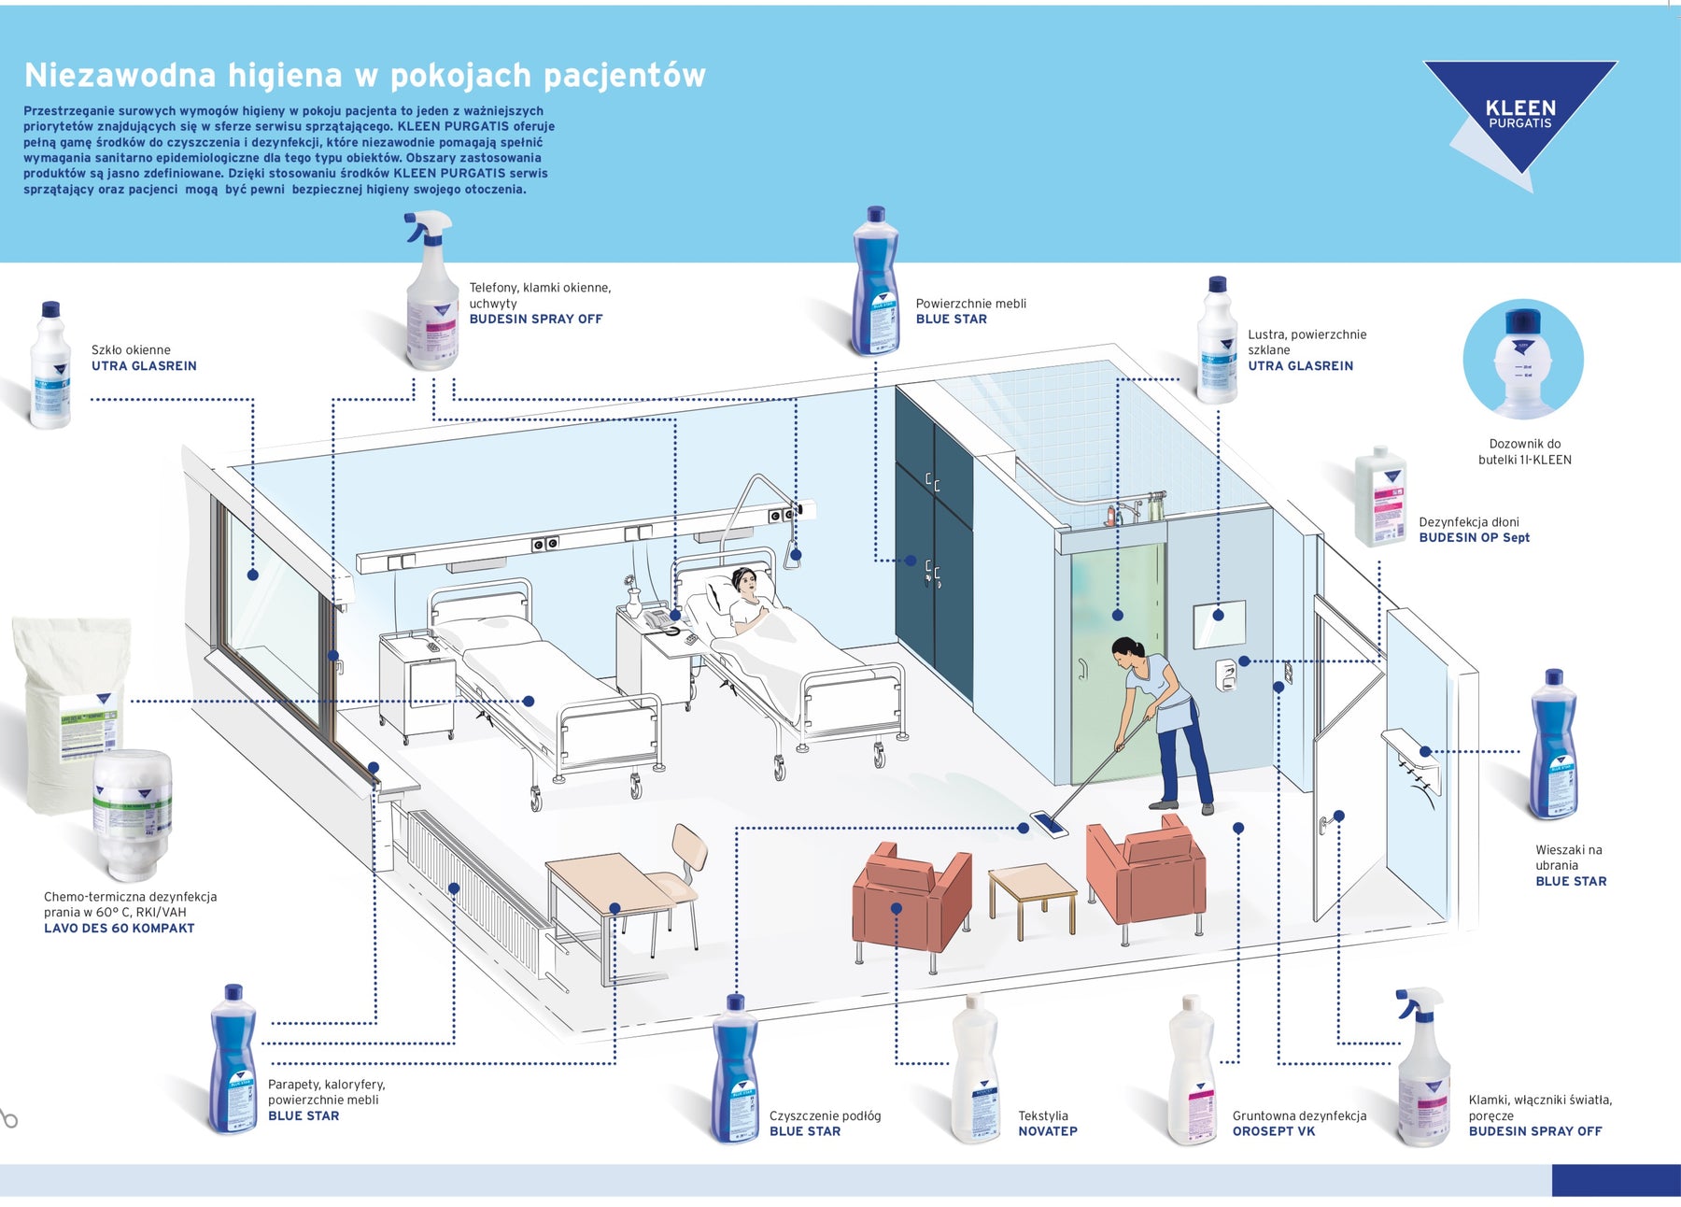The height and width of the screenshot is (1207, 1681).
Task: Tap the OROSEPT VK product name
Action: pyautogui.click(x=1273, y=1131)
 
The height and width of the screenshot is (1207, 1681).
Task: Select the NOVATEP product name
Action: pyautogui.click(x=1047, y=1131)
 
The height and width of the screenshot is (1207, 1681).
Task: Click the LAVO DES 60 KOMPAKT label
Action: pyautogui.click(x=119, y=929)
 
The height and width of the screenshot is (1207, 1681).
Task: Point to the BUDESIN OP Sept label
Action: pyautogui.click(x=1474, y=538)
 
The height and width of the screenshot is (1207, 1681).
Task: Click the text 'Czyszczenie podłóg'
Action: pyautogui.click(x=825, y=1115)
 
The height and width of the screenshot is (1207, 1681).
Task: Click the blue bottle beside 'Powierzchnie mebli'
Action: pyautogui.click(x=874, y=282)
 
